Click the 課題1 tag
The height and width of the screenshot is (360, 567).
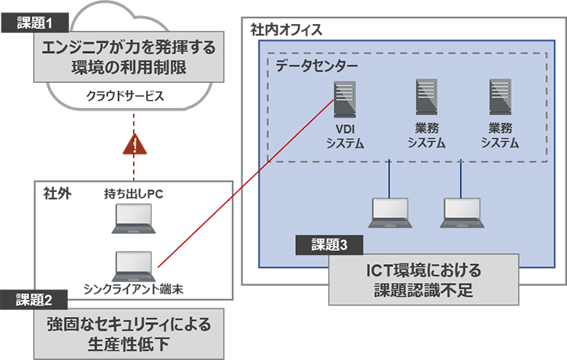click(x=36, y=23)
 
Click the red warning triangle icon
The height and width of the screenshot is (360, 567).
click(x=134, y=145)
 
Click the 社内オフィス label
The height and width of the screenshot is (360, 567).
click(x=286, y=31)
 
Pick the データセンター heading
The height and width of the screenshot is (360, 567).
click(x=316, y=65)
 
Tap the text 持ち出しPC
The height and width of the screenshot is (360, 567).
click(x=134, y=194)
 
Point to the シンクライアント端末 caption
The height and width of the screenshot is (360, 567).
click(x=132, y=289)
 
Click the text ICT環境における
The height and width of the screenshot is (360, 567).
click(x=424, y=271)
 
